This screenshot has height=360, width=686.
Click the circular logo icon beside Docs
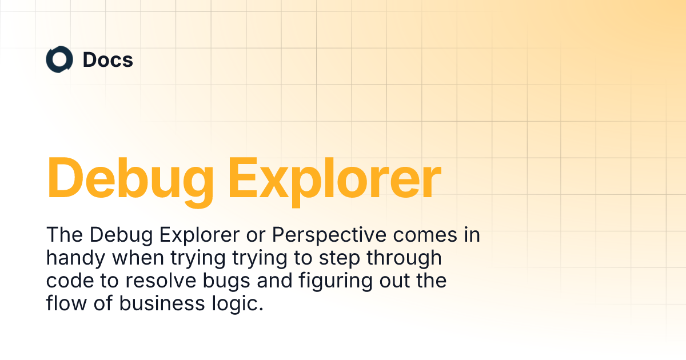[x=59, y=59]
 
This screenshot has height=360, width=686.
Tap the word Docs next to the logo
[x=108, y=59]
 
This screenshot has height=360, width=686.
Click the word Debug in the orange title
[x=130, y=181]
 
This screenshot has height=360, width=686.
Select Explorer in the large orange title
[x=335, y=181]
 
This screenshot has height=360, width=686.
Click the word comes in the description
[x=425, y=235]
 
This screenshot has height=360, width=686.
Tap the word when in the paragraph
[x=138, y=258]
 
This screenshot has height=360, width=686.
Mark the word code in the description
[x=70, y=281]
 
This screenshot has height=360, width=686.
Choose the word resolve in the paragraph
[x=161, y=281]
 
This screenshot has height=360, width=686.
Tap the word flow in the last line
[x=66, y=303]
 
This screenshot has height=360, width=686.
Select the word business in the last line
[x=162, y=303]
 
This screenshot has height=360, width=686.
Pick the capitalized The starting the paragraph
[x=65, y=235]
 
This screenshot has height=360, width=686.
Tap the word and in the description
[x=275, y=281]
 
